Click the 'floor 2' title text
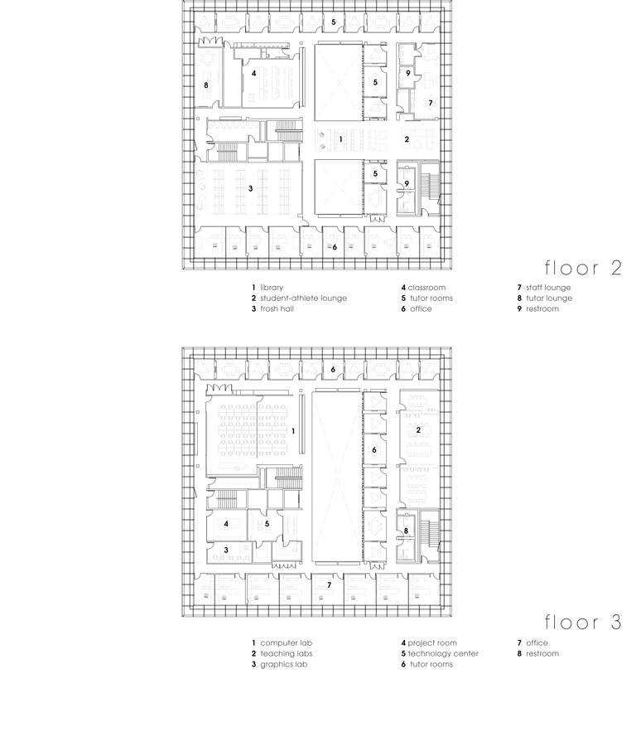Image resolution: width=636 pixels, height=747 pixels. click(x=582, y=268)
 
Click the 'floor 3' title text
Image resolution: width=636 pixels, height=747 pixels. click(x=582, y=623)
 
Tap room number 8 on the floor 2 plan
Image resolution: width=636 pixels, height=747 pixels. click(x=206, y=85)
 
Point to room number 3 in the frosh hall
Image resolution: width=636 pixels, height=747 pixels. click(x=250, y=188)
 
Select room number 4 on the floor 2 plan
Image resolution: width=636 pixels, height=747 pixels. click(x=253, y=73)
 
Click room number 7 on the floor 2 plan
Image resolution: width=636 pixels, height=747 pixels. click(x=430, y=103)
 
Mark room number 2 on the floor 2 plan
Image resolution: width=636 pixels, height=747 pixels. click(x=407, y=139)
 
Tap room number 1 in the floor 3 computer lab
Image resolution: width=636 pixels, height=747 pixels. click(x=293, y=431)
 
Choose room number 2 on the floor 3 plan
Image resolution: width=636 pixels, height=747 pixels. click(x=419, y=429)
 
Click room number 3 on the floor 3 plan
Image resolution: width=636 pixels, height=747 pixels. click(x=226, y=550)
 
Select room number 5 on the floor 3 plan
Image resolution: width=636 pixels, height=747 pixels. click(x=267, y=524)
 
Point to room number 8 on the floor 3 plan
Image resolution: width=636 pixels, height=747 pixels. click(x=406, y=531)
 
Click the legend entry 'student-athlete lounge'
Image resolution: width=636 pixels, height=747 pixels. click(x=302, y=298)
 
